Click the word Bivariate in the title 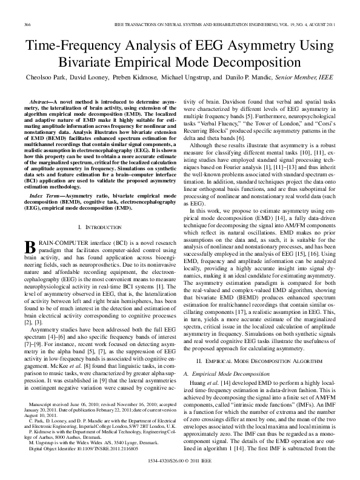pyautogui.click(x=89, y=62)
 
